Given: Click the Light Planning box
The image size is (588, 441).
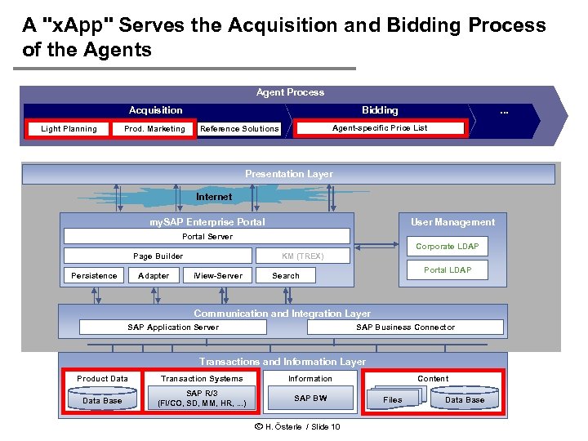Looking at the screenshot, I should coord(69,128).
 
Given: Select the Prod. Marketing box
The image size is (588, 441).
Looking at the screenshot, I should coord(154,128).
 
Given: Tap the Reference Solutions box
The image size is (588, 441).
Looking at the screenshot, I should coord(239,128).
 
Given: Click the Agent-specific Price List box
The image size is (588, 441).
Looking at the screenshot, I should coord(380,127).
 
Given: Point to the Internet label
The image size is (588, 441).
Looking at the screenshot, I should coord(214,197).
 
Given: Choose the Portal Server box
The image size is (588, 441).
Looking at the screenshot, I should coord(207,237).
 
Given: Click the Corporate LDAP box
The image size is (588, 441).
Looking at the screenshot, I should coord(447,246).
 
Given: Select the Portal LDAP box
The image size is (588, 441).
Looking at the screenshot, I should coord(447,270).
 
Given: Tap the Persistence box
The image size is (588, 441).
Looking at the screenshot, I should coord(94,276).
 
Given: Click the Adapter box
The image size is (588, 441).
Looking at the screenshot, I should coord(154,276).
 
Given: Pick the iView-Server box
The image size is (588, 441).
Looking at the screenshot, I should coord(218,276).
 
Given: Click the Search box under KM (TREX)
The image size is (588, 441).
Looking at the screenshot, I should coord(286,276).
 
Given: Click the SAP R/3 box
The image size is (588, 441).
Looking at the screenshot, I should coord(201,399).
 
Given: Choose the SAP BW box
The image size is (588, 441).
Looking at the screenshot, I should coord(310,399).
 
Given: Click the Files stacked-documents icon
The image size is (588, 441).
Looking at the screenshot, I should coord(394,399).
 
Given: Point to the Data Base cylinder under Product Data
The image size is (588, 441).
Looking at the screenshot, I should coord(102,400).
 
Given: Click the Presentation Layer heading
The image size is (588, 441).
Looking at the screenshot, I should coord(288,174).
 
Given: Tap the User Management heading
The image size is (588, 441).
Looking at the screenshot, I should coord(452,222).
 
